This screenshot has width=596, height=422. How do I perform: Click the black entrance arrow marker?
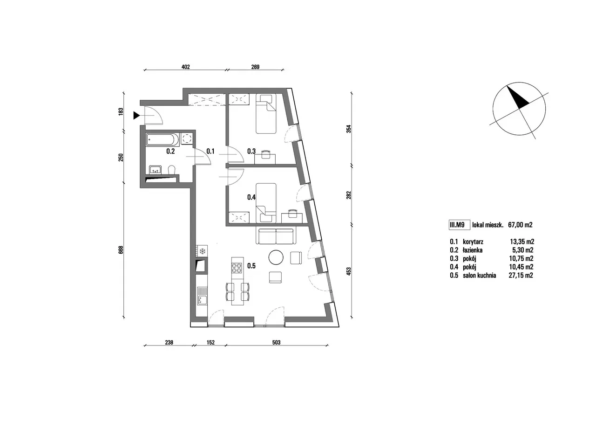click(136, 116)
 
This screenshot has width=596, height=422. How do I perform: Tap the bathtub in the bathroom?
click(163, 139)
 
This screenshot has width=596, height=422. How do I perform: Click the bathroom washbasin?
click(155, 169)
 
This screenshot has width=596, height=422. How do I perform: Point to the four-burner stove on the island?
click(237, 268)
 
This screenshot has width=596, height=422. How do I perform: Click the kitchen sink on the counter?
click(202, 296)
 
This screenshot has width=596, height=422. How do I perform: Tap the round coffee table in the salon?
click(276, 257)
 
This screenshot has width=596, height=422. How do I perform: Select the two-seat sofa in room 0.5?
click(276, 235)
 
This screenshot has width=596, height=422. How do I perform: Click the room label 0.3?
click(251, 152)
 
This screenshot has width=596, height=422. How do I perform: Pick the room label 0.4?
click(251, 197)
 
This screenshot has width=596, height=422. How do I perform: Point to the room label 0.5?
click(251, 266)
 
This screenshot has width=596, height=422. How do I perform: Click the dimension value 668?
click(121, 249)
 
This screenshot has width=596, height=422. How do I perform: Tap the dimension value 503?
click(276, 342)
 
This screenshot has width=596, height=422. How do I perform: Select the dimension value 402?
click(185, 67)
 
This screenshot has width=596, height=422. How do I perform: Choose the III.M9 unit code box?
click(460, 225)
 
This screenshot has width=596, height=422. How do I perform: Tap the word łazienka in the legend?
click(473, 250)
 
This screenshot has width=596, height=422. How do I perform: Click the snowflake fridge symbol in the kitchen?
click(202, 251)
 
